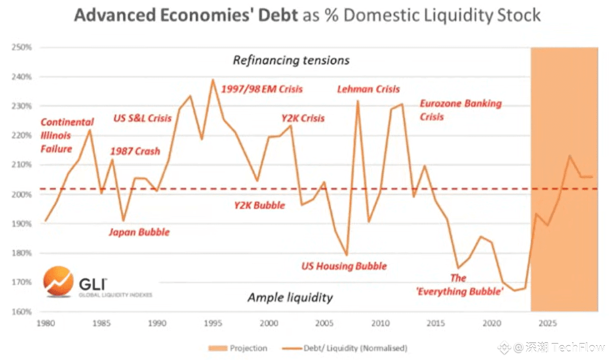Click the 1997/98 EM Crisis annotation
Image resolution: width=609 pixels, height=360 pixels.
click(x=262, y=89)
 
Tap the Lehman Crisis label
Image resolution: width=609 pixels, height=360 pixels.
click(x=368, y=89)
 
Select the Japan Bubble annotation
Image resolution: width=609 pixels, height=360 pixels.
click(x=139, y=232)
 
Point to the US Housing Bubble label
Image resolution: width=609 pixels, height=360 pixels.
click(x=344, y=266)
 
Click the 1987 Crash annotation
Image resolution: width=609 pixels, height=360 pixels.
click(x=135, y=151)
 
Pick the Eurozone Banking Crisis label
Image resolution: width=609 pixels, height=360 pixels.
click(x=460, y=110)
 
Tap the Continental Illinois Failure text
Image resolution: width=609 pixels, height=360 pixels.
click(x=67, y=135)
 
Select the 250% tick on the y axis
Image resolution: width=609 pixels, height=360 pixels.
click(x=22, y=48)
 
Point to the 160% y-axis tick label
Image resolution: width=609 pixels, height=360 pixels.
click(x=22, y=311)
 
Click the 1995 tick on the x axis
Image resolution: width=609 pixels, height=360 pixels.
click(x=213, y=323)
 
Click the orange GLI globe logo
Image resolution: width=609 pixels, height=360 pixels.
click(x=58, y=281)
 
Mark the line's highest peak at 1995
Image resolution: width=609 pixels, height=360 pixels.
click(x=213, y=79)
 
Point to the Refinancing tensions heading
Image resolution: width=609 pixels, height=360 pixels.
click(x=291, y=60)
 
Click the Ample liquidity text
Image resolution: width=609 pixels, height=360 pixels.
click(x=290, y=297)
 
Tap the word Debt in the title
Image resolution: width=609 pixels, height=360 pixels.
click(x=275, y=15)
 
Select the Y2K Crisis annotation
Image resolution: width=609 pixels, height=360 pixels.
click(x=303, y=118)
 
